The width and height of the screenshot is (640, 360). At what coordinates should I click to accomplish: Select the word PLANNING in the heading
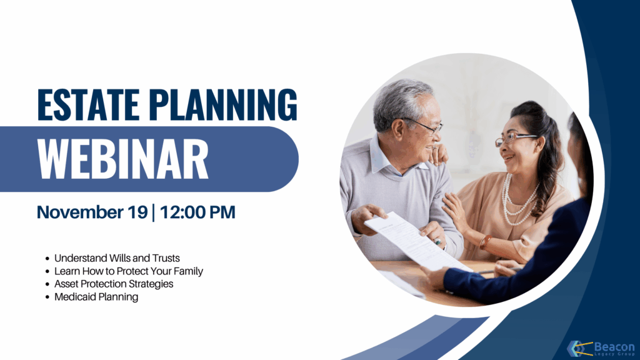[x=223, y=104]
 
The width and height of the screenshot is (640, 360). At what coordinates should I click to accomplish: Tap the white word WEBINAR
[x=123, y=159]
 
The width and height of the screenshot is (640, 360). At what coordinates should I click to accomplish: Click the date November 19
[x=92, y=212]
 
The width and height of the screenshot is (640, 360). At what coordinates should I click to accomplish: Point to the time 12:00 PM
[x=197, y=212]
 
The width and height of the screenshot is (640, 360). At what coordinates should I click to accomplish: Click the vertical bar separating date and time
[x=154, y=212]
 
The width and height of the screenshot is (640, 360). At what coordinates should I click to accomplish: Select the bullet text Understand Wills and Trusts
[x=117, y=258]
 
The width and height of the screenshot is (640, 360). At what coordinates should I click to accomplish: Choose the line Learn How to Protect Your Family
[x=129, y=271]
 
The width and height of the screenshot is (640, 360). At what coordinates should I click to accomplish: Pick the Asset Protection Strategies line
[x=114, y=284]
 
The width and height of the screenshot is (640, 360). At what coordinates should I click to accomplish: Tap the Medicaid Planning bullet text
[x=96, y=297]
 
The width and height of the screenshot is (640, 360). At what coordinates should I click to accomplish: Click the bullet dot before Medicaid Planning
[x=47, y=297]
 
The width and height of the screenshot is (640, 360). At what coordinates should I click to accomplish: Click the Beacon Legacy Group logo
[x=601, y=349]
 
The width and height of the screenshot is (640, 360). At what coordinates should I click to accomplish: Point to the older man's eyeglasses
[x=424, y=126]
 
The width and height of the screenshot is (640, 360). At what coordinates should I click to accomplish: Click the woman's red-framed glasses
[x=514, y=139]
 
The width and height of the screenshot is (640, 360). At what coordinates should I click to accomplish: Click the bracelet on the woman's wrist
[x=485, y=242]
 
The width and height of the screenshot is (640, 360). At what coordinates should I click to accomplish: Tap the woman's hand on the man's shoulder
[x=438, y=154]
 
